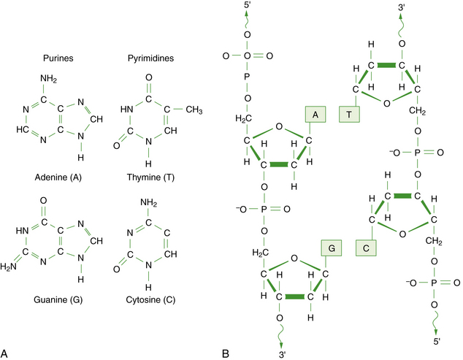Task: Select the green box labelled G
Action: coord(331,248)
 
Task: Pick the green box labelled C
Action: coord(367,248)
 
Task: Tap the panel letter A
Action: coord(7,354)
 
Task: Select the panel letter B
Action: coord(226,354)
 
